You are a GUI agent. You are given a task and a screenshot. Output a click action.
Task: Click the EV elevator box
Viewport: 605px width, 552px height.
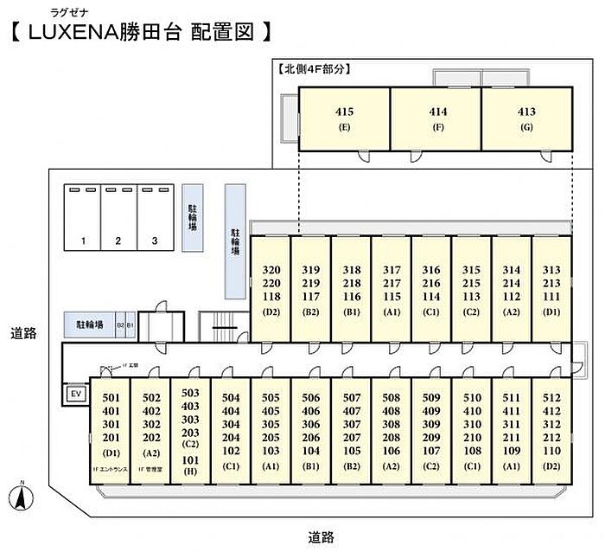[75, 395]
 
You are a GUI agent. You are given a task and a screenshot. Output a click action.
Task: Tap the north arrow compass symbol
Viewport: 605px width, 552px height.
[18, 499]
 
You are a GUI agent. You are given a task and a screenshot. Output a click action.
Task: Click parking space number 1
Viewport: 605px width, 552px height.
[83, 241]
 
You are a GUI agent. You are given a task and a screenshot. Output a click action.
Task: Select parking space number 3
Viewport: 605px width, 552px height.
[154, 241]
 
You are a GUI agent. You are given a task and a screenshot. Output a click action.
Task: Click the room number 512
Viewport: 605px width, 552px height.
[551, 398]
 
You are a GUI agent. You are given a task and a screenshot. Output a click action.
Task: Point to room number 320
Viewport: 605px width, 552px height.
[271, 269]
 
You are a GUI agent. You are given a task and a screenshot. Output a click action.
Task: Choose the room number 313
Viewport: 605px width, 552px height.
[551, 269]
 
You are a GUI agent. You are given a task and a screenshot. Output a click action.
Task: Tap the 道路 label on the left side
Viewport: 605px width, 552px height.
[23, 332]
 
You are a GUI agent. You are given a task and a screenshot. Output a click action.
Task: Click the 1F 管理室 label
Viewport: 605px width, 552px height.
[150, 469]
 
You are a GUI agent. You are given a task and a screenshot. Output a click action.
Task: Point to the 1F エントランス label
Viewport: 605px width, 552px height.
[111, 469]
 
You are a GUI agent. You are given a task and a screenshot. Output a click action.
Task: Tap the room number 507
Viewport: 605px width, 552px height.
[351, 398]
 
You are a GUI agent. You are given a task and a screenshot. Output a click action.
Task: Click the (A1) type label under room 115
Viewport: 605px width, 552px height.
[391, 311]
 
